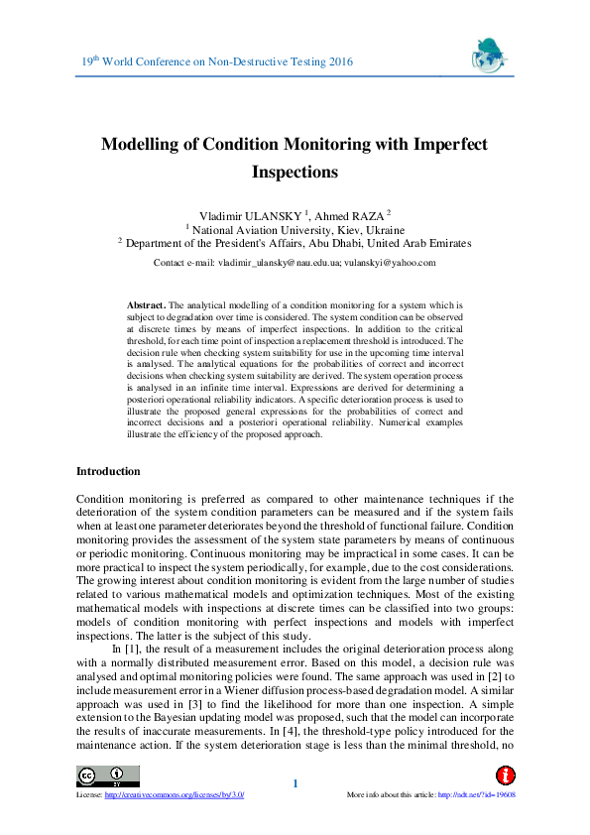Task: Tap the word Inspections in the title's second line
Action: tap(295, 172)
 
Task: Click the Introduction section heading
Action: tap(108, 471)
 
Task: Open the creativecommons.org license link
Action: tap(175, 795)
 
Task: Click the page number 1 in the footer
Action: tap(295, 785)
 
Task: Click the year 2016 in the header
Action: tap(338, 61)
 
